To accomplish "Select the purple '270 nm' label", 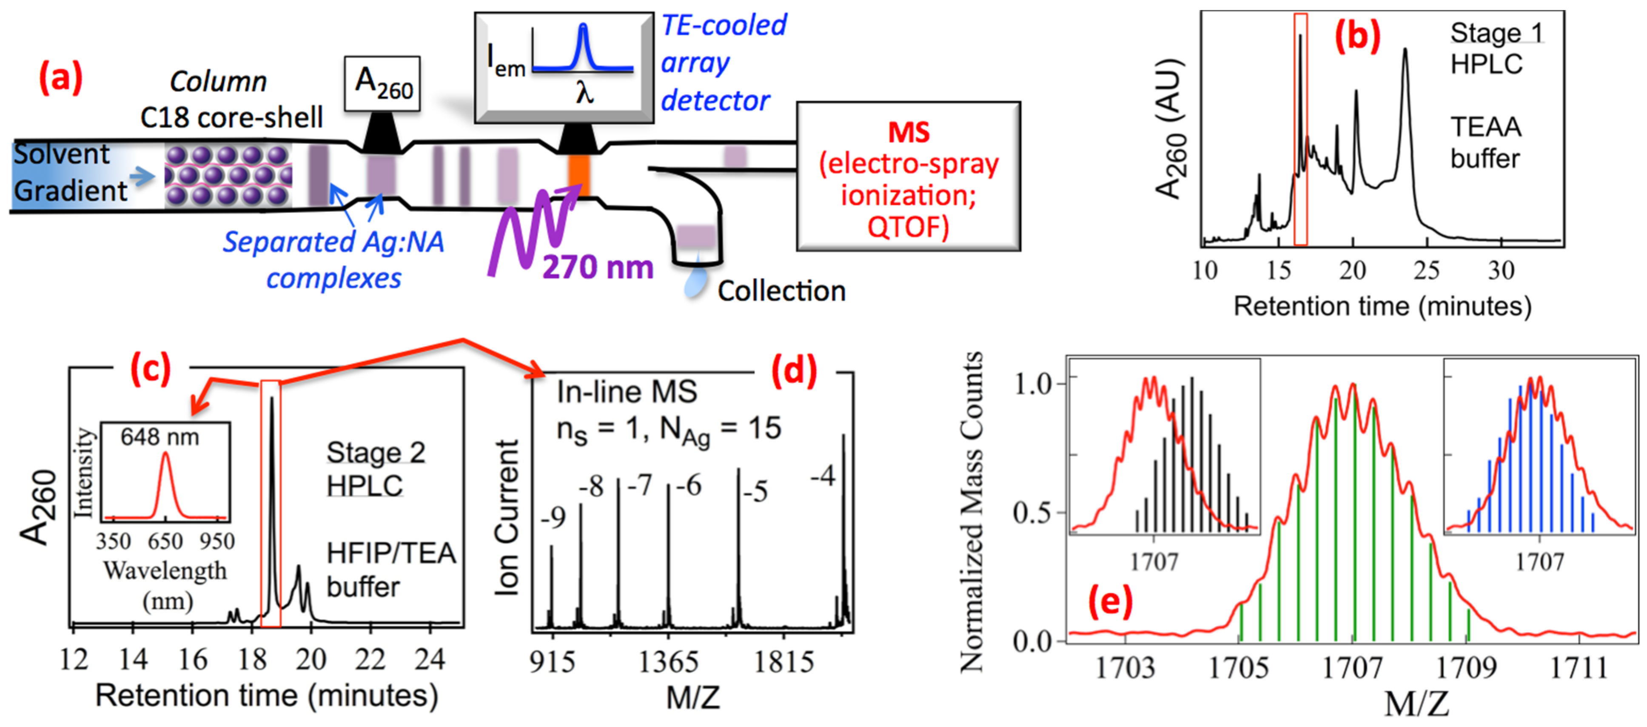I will [597, 267].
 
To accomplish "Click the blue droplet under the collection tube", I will [695, 281].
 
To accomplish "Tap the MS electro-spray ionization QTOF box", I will [908, 177].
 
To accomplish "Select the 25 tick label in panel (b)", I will [1426, 271].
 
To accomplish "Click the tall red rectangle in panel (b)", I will [1300, 129].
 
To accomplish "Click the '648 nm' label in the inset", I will [160, 437].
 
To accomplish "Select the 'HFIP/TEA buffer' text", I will [390, 569].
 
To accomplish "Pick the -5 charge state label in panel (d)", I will [755, 492].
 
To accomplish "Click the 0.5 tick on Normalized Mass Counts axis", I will [1031, 513].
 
